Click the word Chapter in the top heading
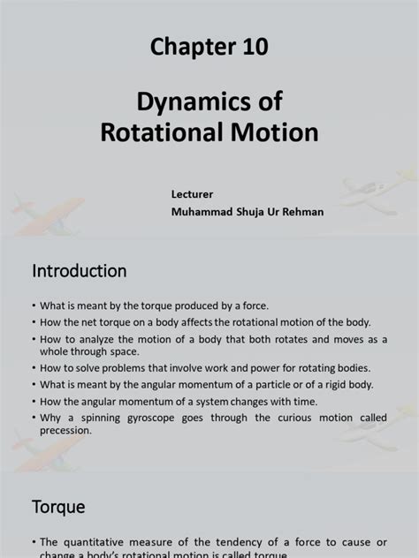pos(182,49)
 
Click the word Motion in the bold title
pos(277,133)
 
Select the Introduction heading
pos(80,270)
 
